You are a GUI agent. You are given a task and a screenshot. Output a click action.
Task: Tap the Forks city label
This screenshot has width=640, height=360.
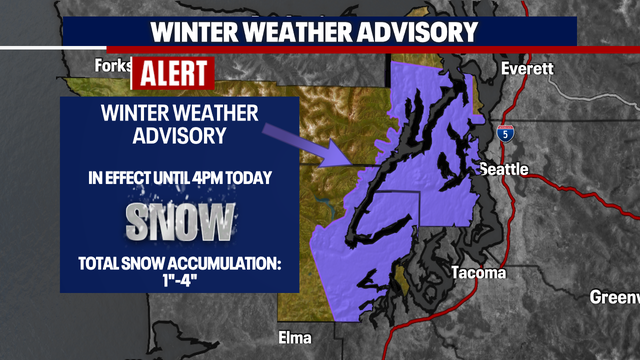pos(113,66)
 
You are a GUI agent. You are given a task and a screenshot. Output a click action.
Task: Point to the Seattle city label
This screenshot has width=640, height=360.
pos(504,169)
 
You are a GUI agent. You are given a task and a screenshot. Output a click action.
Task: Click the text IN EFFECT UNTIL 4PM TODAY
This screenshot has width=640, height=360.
pos(180,179)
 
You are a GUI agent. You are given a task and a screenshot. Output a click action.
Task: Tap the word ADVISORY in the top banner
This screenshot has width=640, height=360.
pos(413,30)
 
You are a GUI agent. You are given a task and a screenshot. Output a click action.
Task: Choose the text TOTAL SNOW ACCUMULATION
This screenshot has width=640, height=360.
pos(180,264)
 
